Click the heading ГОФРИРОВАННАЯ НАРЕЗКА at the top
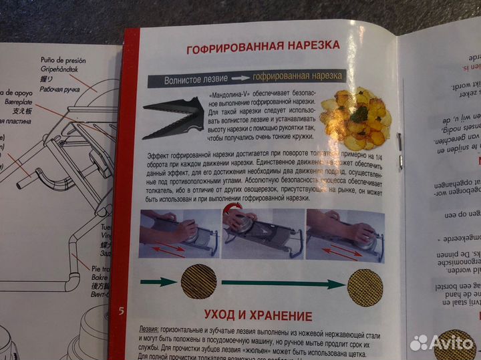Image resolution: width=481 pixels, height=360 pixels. point(262,46)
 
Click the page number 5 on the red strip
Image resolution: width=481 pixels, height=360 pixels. point(121,311)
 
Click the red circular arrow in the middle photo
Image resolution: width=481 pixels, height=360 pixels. point(232,217)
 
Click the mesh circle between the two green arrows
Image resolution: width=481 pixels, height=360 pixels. point(198,282)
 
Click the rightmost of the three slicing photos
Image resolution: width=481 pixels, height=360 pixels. point(345,234)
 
